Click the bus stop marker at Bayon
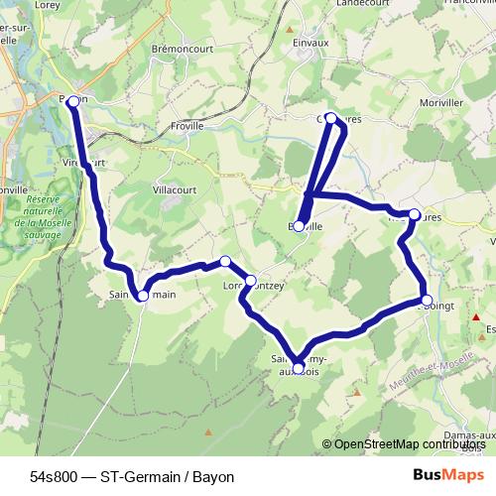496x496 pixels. (x=72, y=99)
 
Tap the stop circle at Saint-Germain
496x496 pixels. (x=143, y=296)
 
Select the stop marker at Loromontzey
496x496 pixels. (x=250, y=281)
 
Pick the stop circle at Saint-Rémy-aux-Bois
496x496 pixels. (x=299, y=368)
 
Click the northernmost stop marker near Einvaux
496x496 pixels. (x=331, y=118)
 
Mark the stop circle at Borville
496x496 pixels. (x=299, y=225)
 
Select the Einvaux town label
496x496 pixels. (x=310, y=44)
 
